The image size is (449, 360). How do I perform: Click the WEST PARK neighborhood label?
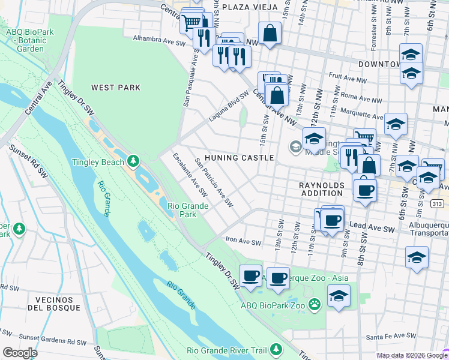[x=116, y=88]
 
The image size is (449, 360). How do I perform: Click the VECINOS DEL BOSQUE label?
[x=58, y=303]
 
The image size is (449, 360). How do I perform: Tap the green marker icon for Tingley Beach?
[x=133, y=161]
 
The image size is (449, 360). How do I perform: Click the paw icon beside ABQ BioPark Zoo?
[x=314, y=305]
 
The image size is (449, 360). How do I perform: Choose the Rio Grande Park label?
[x=188, y=210]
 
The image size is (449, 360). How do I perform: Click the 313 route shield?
[x=437, y=204]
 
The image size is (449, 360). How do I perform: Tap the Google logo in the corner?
[x=20, y=353]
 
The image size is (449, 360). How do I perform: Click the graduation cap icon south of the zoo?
[x=339, y=296]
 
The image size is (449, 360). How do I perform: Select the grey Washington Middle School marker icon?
[x=295, y=146]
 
